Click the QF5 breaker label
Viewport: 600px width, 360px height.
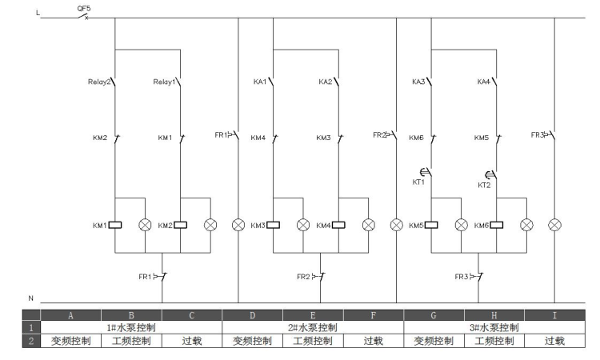(84, 8)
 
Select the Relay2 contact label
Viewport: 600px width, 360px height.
(99, 82)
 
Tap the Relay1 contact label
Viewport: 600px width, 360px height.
(164, 82)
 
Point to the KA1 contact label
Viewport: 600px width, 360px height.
(260, 82)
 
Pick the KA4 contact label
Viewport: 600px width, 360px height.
(484, 82)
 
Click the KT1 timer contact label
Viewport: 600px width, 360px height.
(418, 182)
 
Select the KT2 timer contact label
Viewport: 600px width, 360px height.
(484, 185)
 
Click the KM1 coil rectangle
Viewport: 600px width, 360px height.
(115, 225)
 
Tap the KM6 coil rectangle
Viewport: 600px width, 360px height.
(497, 225)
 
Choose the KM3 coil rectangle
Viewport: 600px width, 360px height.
(274, 225)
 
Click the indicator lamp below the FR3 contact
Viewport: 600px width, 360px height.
(554, 225)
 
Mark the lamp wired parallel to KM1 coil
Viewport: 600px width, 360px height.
(145, 225)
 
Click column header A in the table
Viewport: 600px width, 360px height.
(70, 315)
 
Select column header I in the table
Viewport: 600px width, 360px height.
(554, 315)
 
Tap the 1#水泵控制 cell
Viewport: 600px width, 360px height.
(131, 327)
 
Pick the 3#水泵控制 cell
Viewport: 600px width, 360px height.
(494, 327)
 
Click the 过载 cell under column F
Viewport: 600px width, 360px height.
(374, 341)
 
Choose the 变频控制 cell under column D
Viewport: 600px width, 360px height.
(253, 341)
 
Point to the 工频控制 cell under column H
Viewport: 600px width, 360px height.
(494, 341)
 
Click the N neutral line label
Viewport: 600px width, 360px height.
(31, 298)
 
